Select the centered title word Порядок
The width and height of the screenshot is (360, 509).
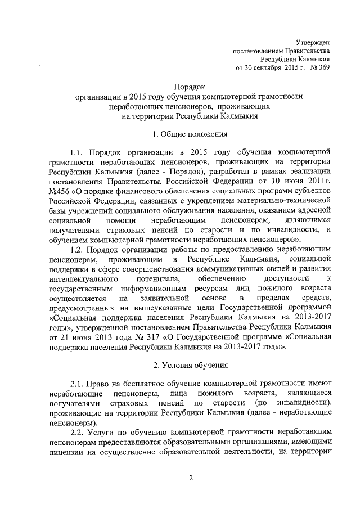pos(190,87)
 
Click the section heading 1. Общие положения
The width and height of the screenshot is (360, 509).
pos(190,134)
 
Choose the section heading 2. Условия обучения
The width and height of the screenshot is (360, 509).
pos(190,366)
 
